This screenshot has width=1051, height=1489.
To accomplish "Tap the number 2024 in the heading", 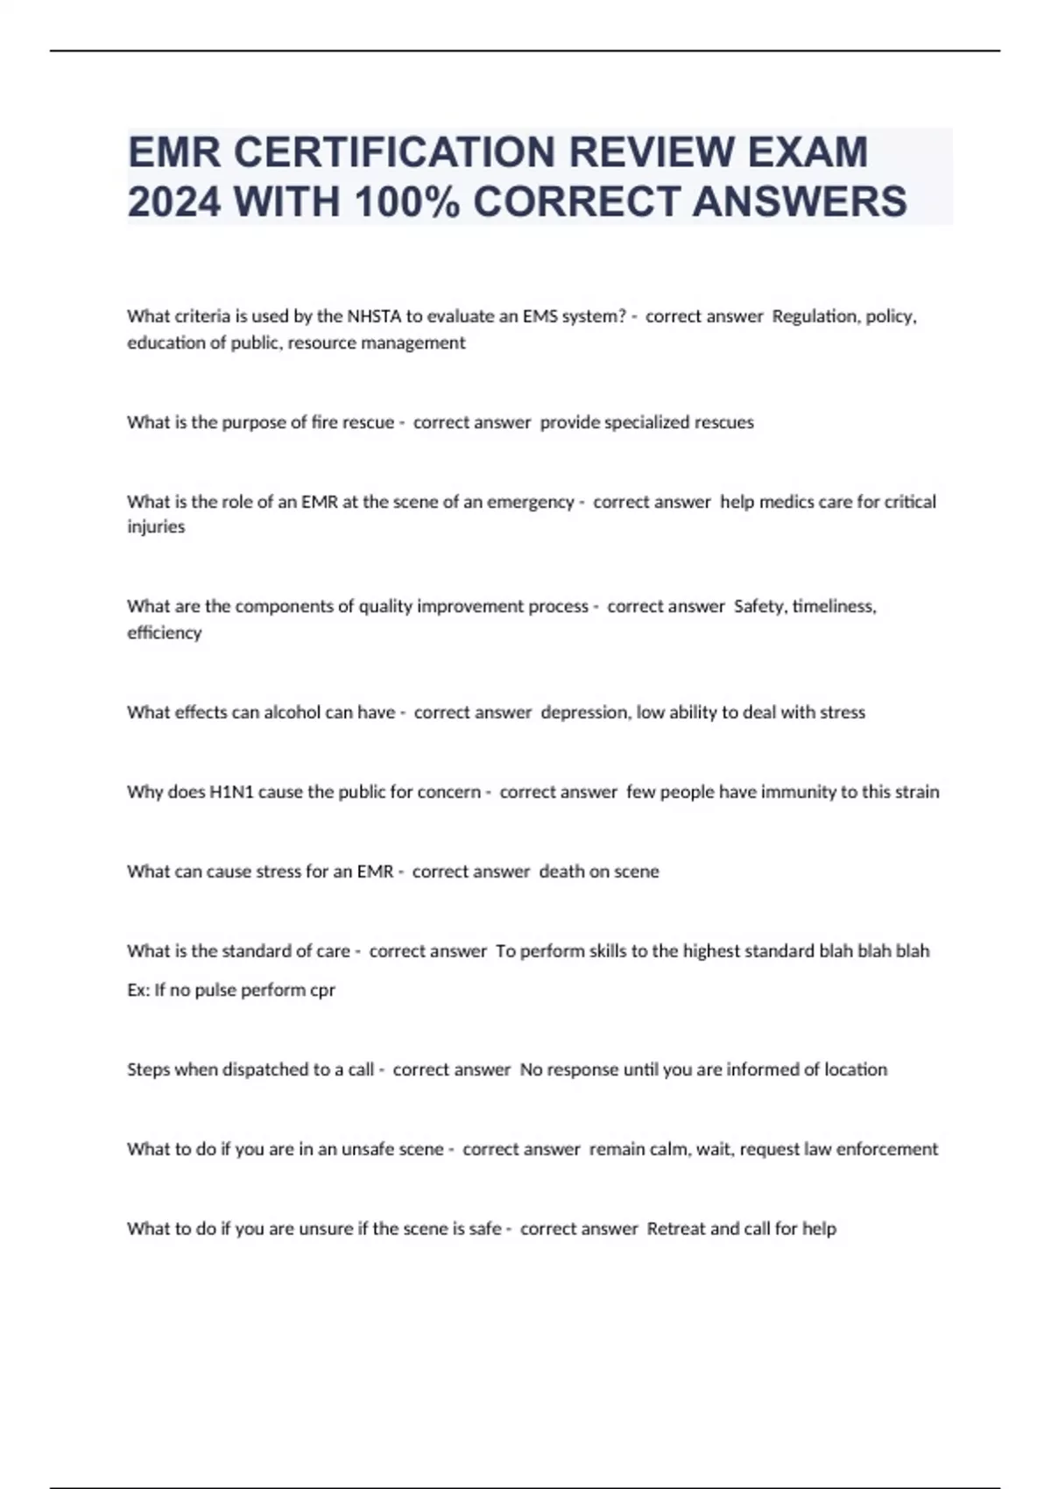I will (173, 201).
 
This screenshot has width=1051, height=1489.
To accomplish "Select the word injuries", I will (156, 527).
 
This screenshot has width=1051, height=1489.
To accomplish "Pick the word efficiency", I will (164, 632).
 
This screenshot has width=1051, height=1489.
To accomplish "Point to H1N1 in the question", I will (231, 792).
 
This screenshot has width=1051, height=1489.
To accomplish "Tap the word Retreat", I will (675, 1229).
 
